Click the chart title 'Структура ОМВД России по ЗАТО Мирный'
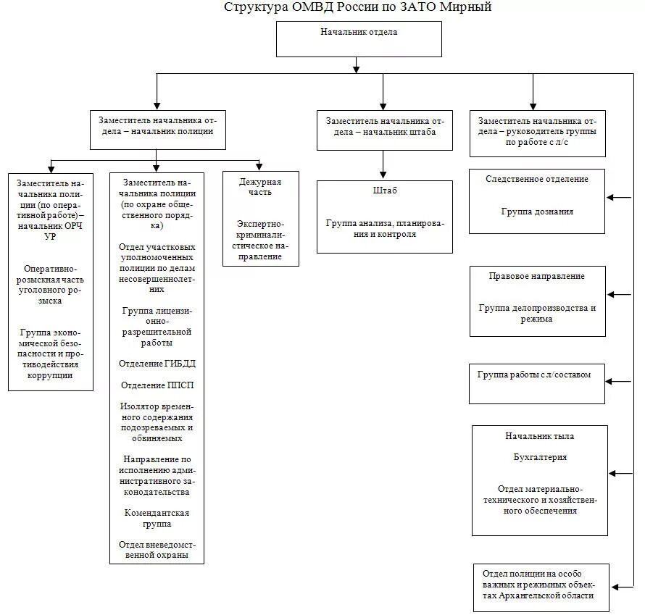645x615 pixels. [x=358, y=8]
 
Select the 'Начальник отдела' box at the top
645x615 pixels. [x=359, y=38]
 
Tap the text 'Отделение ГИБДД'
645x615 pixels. [x=158, y=363]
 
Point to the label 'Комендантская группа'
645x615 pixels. [x=157, y=518]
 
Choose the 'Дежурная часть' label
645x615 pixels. [x=260, y=187]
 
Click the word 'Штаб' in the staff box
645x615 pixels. [x=385, y=191]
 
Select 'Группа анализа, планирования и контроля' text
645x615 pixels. [x=385, y=229]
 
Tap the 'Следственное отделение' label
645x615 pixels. [x=537, y=179]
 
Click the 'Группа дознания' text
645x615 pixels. [x=537, y=212]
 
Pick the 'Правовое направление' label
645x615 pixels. [x=537, y=276]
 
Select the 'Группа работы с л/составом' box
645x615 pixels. [x=536, y=383]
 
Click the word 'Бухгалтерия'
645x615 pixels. [x=540, y=457]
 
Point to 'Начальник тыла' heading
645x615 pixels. [x=540, y=436]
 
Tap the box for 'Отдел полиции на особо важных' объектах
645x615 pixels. [x=541, y=586]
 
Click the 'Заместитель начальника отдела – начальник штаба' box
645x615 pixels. [x=385, y=130]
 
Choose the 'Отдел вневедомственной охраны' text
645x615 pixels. [x=157, y=550]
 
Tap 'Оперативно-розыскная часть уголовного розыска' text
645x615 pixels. [x=51, y=285]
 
